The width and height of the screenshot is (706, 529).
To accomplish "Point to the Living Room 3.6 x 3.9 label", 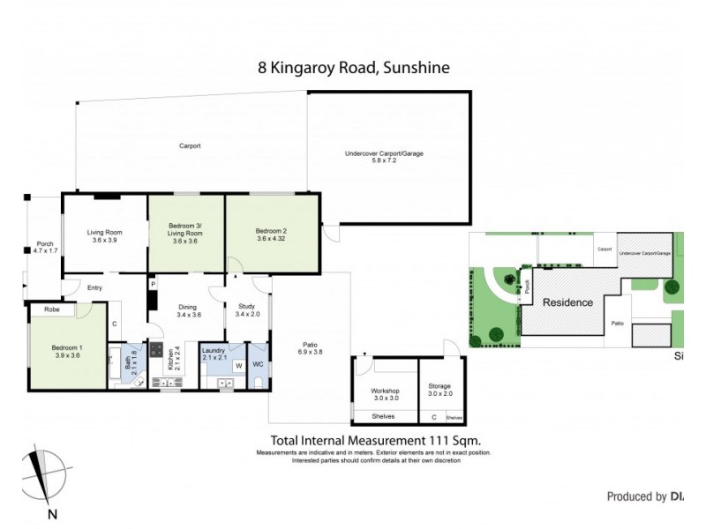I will (104, 235).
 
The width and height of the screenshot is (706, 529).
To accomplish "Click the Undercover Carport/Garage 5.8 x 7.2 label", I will (384, 157).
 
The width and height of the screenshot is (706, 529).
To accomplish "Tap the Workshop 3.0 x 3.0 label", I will (385, 394).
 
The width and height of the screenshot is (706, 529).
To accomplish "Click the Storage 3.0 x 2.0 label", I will (439, 389).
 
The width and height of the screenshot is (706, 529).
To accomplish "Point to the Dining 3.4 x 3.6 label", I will (189, 309).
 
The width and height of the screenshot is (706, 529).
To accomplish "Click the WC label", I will (259, 363).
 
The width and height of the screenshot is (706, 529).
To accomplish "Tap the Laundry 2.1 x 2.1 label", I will (215, 354).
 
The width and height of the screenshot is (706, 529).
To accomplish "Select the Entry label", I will (96, 286).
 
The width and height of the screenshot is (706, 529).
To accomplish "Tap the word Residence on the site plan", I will (567, 302).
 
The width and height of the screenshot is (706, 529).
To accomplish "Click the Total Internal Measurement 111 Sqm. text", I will (374, 440).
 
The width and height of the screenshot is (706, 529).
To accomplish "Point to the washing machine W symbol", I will (237, 365).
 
